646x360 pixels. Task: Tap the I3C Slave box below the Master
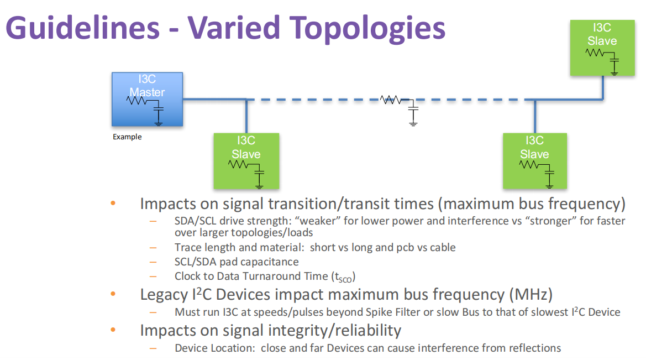tap(246, 161)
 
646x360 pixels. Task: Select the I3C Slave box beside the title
tap(602, 48)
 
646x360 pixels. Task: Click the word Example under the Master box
tap(127, 137)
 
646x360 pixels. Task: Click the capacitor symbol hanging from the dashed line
tap(413, 113)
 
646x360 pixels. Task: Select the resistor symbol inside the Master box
tap(136, 101)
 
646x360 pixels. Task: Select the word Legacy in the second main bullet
tap(162, 294)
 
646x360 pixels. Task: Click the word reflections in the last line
tap(533, 348)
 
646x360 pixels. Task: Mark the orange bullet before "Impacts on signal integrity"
tap(113, 330)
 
